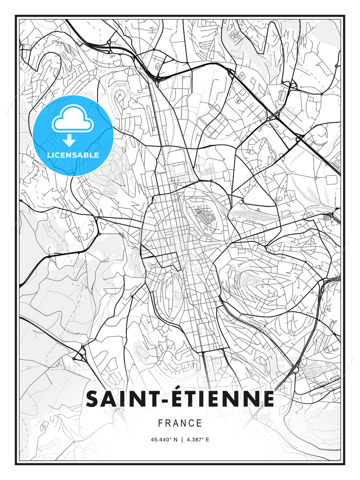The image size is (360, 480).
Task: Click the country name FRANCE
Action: coord(180,423)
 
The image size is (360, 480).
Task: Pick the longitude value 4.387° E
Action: coord(198,440)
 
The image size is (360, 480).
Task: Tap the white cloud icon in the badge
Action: coord(73,118)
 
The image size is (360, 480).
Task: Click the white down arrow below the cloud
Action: coord(69,141)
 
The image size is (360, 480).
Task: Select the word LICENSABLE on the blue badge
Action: coord(73,155)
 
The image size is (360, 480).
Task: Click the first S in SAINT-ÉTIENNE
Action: coord(93,399)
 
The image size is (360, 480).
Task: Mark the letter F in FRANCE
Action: coord(160,423)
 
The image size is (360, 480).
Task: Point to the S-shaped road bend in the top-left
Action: coord(50,67)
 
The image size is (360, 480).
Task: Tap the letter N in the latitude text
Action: coord(176,440)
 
